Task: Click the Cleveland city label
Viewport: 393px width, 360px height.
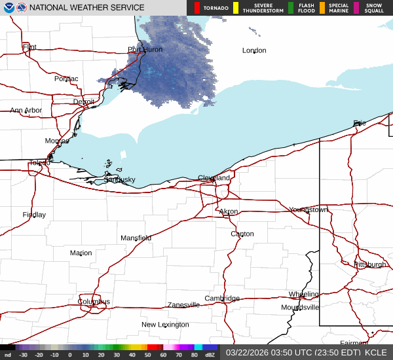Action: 214,178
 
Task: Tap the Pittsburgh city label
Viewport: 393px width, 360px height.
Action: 370,264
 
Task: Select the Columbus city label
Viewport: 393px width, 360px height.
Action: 94,302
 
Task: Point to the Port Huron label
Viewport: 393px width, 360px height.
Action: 145,50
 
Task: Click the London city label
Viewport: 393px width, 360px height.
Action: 254,50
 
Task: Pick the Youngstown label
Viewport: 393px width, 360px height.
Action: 308,209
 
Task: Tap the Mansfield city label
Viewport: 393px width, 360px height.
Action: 136,238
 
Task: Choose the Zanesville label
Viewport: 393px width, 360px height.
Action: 183,305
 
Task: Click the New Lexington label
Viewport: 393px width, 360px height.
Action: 165,325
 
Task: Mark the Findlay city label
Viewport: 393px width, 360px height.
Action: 34,215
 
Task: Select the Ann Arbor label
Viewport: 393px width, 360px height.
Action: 26,111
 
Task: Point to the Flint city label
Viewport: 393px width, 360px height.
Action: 29,47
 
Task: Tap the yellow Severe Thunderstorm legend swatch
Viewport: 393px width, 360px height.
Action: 235,8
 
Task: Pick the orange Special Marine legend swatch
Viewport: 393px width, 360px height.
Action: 322,8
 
